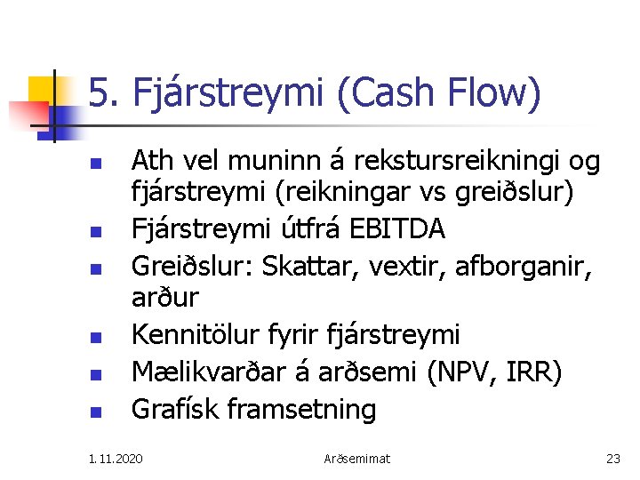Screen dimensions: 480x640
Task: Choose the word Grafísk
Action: click(x=175, y=409)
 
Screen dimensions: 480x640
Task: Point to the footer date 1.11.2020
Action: click(x=115, y=459)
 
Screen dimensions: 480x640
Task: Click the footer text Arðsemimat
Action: click(x=356, y=459)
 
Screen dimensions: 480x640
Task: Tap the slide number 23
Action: click(x=612, y=459)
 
